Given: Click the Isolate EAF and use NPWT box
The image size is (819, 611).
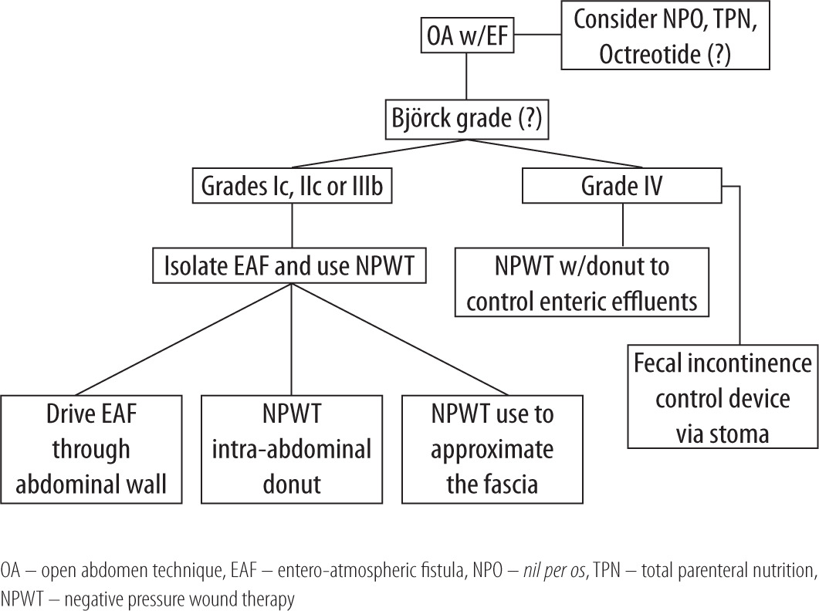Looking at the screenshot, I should pos(291,267).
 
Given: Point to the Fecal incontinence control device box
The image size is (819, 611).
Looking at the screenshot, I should pos(723,399).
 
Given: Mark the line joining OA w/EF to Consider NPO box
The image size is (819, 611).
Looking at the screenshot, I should pos(538,35).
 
